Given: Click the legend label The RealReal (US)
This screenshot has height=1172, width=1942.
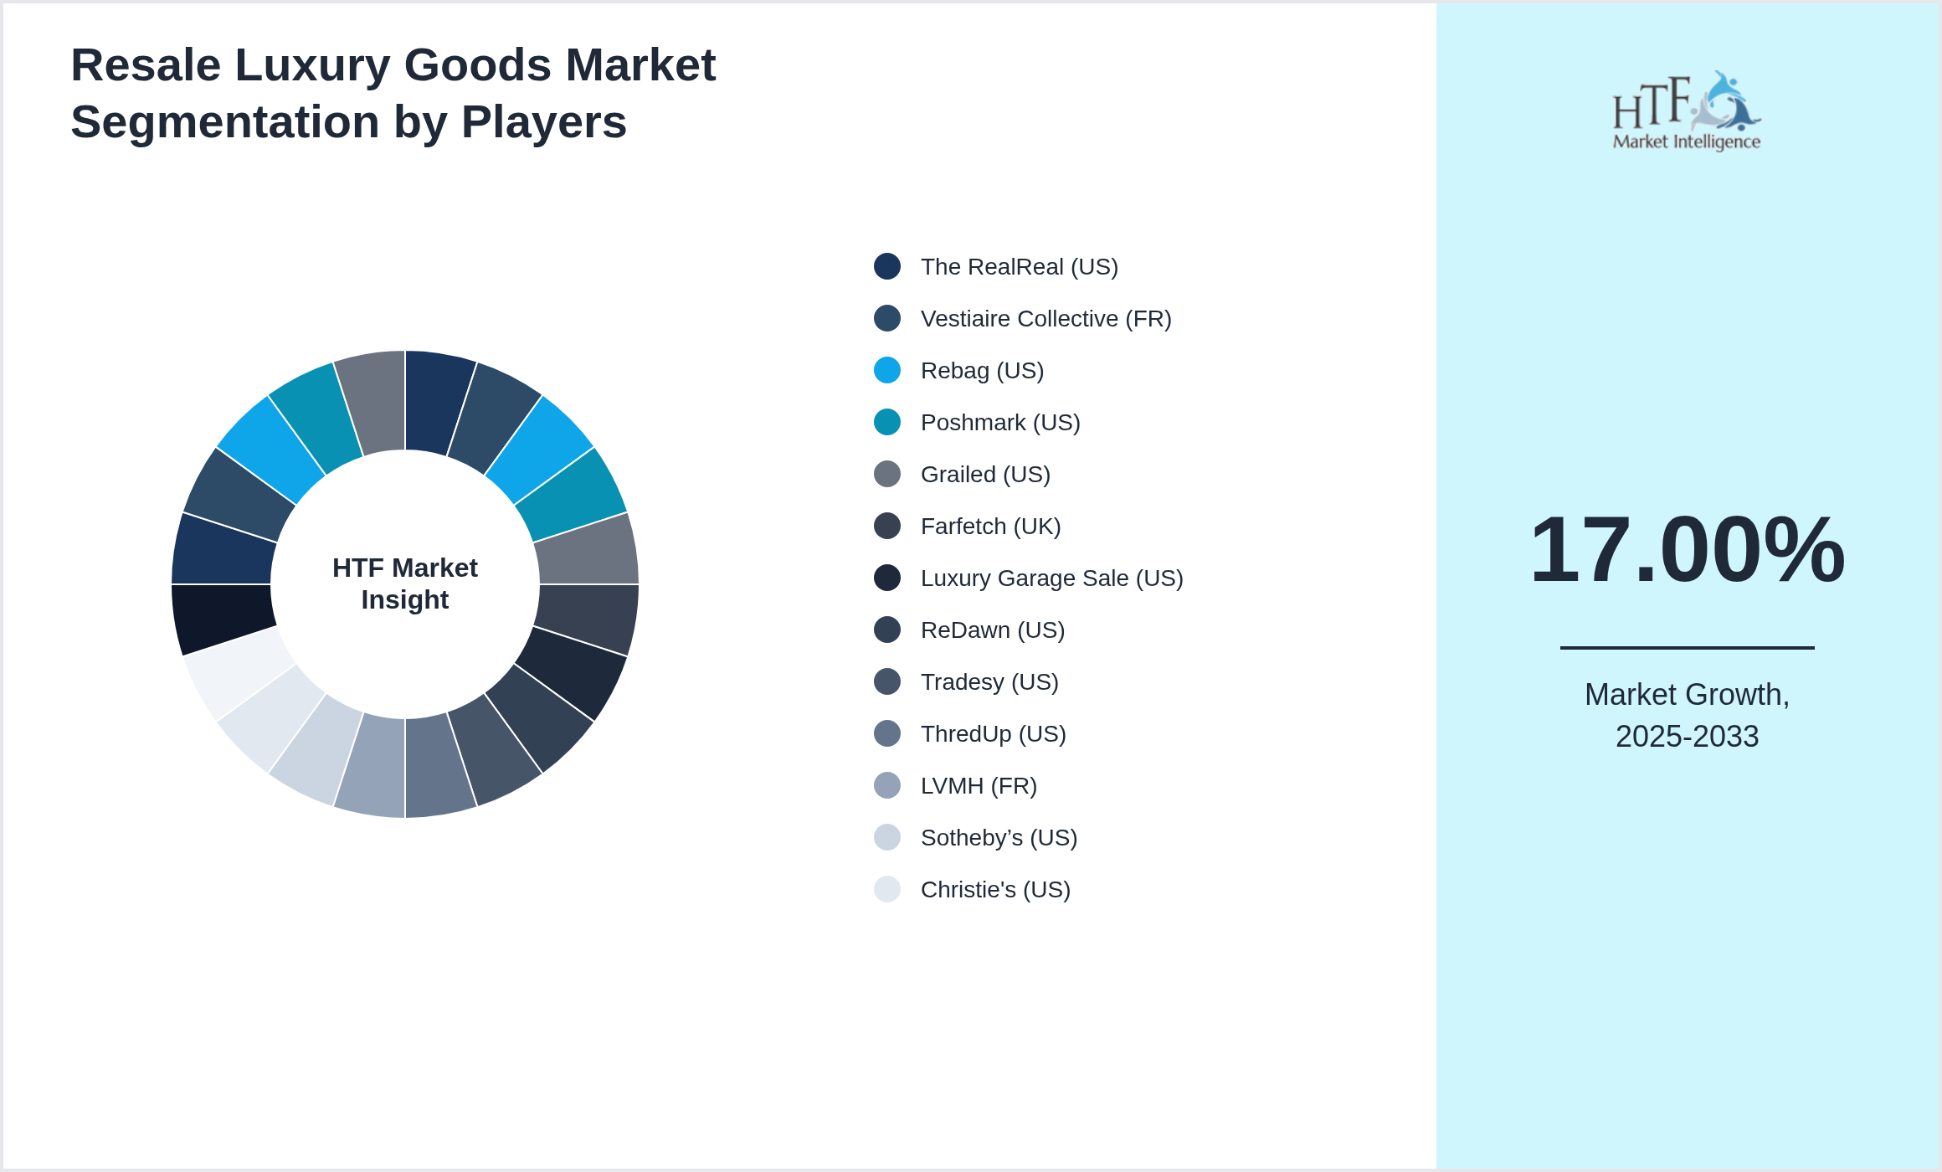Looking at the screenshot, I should (x=1019, y=267).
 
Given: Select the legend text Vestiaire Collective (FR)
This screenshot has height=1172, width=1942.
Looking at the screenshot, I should (x=1045, y=319).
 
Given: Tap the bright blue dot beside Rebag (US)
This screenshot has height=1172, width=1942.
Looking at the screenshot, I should (x=887, y=370).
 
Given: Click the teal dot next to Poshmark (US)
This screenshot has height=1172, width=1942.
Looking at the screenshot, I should (x=887, y=422).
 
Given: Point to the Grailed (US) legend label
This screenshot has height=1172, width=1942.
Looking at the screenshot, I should (x=985, y=475).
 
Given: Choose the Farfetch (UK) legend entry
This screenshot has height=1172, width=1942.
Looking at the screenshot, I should (x=990, y=527).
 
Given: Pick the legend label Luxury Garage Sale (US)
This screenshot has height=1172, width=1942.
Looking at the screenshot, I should (x=1051, y=578).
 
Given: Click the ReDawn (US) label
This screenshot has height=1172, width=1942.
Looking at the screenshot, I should (x=992, y=630).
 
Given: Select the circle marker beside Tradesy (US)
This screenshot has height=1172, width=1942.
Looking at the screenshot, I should (x=887, y=681).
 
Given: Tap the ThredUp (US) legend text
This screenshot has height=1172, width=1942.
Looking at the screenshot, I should (x=993, y=734).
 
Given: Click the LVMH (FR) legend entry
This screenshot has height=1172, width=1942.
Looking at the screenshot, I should (x=979, y=786).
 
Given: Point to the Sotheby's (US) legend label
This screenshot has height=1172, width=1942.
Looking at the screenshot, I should (x=999, y=838).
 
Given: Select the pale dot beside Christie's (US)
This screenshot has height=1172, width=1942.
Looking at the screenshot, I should (x=887, y=889).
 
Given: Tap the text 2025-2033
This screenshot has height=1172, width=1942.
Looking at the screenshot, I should (x=1687, y=737).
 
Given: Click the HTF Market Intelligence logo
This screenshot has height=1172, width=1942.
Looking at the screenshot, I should (x=1687, y=111).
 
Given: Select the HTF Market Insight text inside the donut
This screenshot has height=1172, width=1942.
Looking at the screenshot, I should (x=405, y=583).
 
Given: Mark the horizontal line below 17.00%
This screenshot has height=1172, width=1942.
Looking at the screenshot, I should (x=1687, y=647).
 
